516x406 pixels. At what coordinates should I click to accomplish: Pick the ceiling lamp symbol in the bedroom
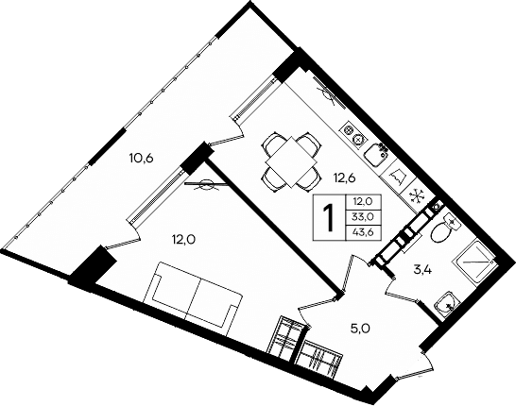(203, 186)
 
